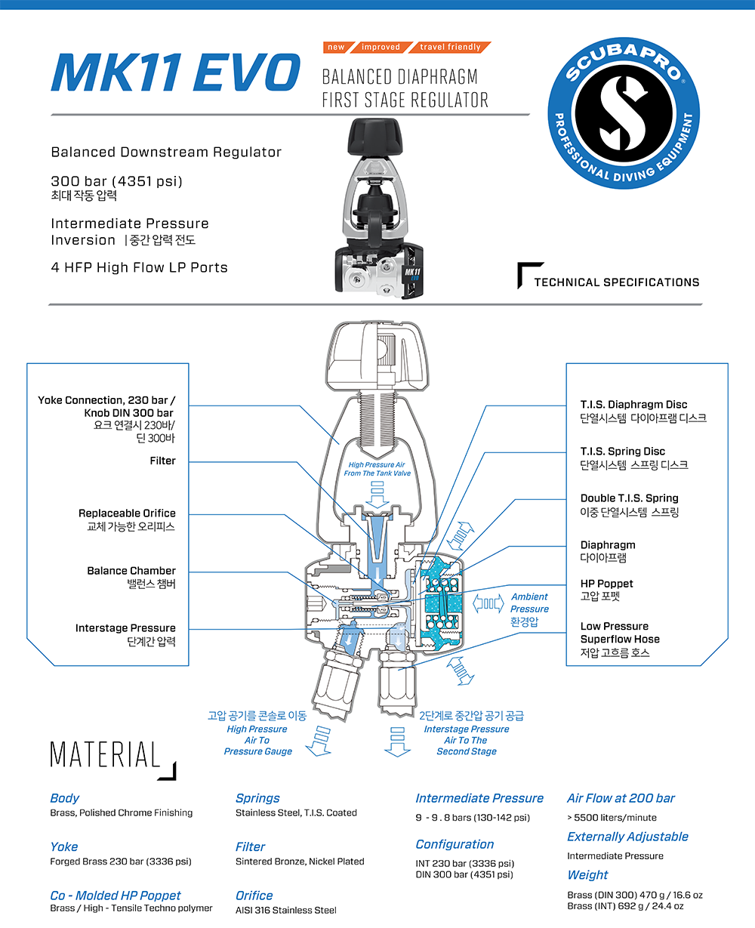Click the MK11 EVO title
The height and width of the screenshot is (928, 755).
pos(176,72)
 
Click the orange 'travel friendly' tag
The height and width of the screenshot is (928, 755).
pos(450,47)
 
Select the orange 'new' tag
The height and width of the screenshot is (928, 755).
pos(336,47)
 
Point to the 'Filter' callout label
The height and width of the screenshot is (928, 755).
pos(162,461)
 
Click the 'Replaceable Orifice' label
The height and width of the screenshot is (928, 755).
pos(127,513)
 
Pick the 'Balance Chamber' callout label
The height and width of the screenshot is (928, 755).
pos(131,571)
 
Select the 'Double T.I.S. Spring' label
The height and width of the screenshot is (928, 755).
pos(629,498)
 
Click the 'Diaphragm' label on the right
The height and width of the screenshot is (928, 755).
pos(607,545)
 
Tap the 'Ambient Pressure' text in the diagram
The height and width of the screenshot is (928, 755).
pos(529,603)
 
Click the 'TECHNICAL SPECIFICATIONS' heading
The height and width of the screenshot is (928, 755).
pos(616,282)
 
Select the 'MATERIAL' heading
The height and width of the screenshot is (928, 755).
pos(105,755)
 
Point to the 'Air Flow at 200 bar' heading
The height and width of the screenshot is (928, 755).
pos(621,798)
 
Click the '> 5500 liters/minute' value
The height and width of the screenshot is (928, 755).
pos(612,818)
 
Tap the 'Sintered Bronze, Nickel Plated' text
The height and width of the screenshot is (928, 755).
pos(300,862)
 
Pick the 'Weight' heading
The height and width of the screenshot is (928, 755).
pos(587,874)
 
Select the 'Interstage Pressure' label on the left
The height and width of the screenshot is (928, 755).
pos(125,628)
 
